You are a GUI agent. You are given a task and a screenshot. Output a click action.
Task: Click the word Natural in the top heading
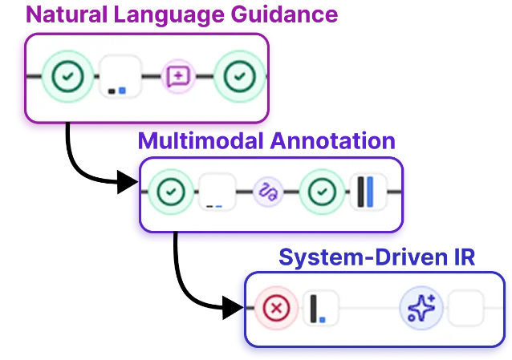click(67, 14)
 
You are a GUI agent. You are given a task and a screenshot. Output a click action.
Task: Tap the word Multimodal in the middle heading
click(201, 141)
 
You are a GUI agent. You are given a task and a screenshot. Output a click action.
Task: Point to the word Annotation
click(333, 141)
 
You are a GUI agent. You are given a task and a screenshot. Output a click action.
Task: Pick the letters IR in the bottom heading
click(465, 257)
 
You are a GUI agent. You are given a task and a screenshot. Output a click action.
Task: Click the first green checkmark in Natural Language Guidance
click(67, 76)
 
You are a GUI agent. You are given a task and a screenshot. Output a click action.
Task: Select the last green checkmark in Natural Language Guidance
click(240, 76)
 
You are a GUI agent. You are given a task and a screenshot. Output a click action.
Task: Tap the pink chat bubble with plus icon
click(178, 76)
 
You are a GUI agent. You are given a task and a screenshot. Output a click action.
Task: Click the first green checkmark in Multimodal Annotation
click(171, 192)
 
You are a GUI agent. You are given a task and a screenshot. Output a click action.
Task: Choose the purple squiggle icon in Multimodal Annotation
click(268, 192)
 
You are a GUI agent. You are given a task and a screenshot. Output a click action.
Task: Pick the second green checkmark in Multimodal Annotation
click(322, 192)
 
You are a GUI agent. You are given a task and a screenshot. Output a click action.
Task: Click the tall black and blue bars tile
click(368, 192)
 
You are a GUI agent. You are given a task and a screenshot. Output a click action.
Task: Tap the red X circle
click(276, 308)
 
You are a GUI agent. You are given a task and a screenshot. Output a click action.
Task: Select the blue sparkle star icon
click(421, 308)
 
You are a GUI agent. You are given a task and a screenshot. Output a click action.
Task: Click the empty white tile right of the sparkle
click(465, 308)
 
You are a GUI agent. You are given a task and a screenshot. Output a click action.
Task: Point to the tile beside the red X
click(321, 308)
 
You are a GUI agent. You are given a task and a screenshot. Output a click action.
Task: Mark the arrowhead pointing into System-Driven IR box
click(234, 307)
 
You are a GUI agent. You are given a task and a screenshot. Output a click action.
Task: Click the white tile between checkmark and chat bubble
click(121, 76)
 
